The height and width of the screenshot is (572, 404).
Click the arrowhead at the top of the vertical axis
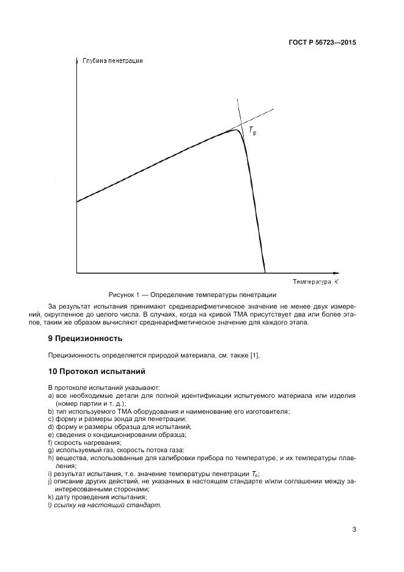pos(77,61)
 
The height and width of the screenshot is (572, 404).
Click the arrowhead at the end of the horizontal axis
pos(335,273)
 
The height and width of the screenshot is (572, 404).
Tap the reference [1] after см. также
pos(260,355)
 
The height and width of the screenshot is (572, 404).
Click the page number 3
pos(354,529)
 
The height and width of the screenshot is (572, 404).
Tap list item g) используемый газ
pos(104,450)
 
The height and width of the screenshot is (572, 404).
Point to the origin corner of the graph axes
pos(77,273)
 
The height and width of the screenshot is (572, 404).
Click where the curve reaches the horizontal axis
pos(265,272)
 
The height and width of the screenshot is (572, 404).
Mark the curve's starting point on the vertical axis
pos(78,201)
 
